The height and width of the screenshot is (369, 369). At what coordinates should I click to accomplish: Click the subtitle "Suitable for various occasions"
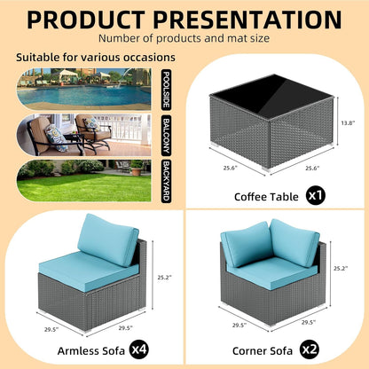(x=95, y=58)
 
